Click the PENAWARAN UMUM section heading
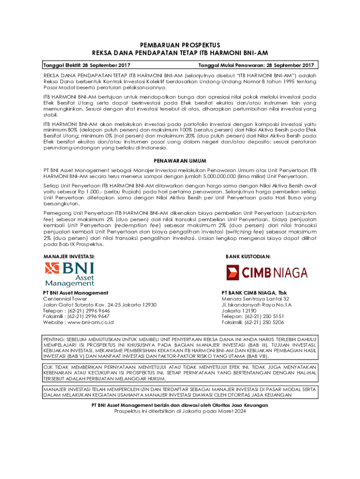[x=180, y=160]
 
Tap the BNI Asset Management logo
[x=70, y=274]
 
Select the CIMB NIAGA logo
[x=267, y=272]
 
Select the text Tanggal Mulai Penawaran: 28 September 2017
[x=256, y=65]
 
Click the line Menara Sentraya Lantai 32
[x=255, y=298]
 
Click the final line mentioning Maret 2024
[x=180, y=411]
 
